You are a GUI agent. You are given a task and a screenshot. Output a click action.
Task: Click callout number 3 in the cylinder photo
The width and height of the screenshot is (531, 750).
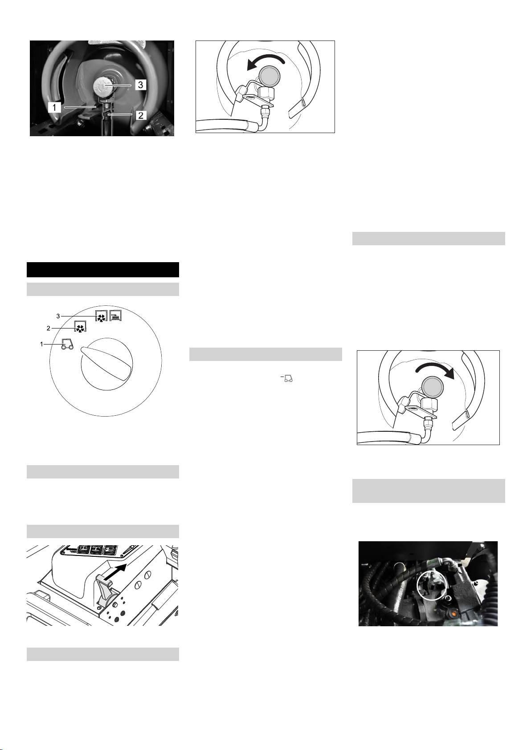(x=140, y=85)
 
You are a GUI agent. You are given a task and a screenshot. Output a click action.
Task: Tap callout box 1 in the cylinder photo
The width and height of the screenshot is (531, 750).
(x=54, y=107)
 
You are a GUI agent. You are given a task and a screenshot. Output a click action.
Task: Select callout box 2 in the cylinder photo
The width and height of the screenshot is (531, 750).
(x=141, y=115)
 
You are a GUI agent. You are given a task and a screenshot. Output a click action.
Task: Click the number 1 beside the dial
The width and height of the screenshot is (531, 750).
(x=41, y=344)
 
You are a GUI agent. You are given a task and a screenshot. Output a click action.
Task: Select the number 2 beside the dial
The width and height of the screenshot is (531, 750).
(x=48, y=328)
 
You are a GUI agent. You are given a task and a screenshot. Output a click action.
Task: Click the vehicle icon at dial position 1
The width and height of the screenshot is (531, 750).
(x=67, y=344)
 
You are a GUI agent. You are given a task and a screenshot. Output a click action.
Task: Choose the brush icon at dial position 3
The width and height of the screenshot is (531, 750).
(x=115, y=316)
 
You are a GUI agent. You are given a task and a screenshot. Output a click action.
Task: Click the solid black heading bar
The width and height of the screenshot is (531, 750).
(x=103, y=270)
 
